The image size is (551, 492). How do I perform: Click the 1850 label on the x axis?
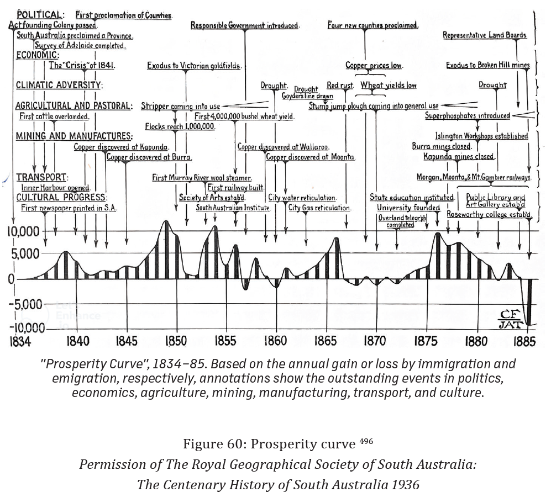pyautogui.click(x=176, y=341)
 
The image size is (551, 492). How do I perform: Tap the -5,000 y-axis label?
pyautogui.click(x=24, y=304)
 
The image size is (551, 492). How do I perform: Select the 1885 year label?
pyautogui.click(x=524, y=341)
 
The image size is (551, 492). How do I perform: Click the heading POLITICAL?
pyautogui.click(x=40, y=15)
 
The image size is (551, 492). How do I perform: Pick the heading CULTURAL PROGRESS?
pyautogui.click(x=61, y=197)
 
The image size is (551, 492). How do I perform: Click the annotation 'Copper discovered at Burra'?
pyautogui.click(x=149, y=157)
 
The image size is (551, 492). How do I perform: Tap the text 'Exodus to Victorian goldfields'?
pyautogui.click(x=194, y=66)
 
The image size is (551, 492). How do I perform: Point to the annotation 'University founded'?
pyautogui.click(x=408, y=208)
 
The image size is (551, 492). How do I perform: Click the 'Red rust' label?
pyautogui.click(x=340, y=86)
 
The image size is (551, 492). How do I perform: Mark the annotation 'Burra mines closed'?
pyautogui.click(x=442, y=146)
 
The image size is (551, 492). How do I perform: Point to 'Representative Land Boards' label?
pyautogui.click(x=485, y=35)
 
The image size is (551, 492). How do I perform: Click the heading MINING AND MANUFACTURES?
pyautogui.click(x=74, y=136)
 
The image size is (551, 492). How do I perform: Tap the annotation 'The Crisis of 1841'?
pyautogui.click(x=82, y=66)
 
